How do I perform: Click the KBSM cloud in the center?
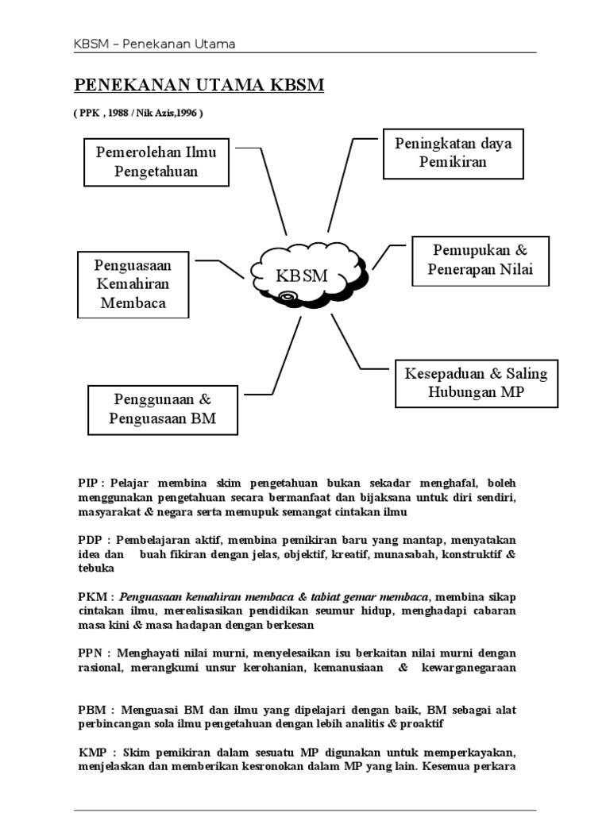click(304, 275)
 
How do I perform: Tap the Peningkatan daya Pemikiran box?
click(453, 153)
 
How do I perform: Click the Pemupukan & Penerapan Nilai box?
click(479, 260)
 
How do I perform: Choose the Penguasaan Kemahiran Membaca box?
click(133, 283)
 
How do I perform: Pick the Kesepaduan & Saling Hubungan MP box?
click(476, 383)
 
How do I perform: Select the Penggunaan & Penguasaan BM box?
click(163, 409)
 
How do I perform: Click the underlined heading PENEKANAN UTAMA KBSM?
click(199, 86)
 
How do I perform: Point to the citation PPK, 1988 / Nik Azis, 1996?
click(139, 113)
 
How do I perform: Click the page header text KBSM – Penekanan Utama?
click(154, 44)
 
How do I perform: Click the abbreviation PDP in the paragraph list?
click(90, 540)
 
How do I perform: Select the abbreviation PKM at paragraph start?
click(91, 596)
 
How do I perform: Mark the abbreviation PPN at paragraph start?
click(91, 653)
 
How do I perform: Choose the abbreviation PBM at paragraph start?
click(91, 710)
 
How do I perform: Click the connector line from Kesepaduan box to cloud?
click(349, 343)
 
